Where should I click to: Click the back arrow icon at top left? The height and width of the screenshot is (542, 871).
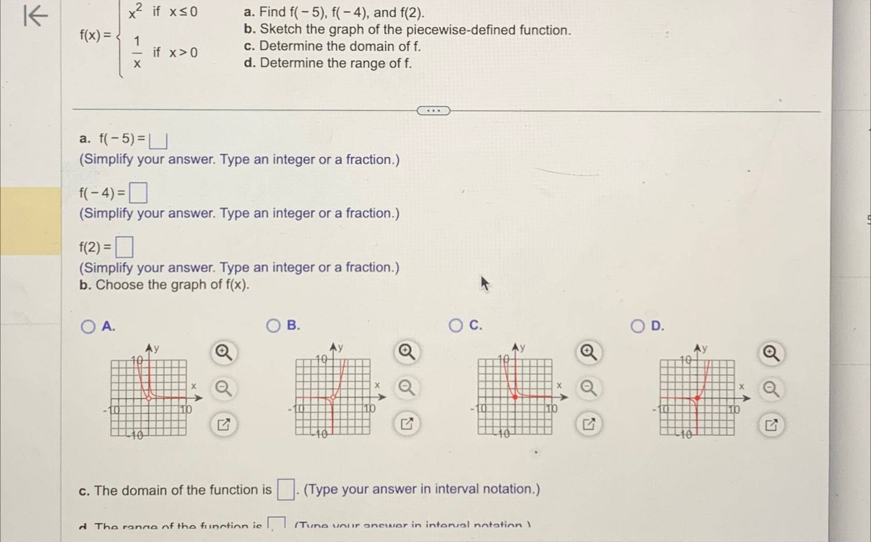point(35,16)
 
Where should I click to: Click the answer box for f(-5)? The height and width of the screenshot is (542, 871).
point(158,140)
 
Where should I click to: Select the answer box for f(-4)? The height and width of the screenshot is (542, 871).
point(138,193)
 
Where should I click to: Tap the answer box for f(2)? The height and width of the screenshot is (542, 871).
point(124,247)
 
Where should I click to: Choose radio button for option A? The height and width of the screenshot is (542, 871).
point(88,326)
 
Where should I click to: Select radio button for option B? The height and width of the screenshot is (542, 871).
point(273,326)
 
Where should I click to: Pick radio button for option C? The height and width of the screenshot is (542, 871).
point(456,325)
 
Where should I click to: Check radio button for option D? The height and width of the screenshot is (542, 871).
point(637,326)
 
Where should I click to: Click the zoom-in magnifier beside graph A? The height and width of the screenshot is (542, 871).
point(224,353)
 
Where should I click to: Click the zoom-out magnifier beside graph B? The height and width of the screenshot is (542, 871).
point(407,388)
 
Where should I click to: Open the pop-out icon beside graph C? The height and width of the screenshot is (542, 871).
point(589,424)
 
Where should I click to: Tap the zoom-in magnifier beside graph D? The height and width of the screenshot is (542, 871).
point(771,353)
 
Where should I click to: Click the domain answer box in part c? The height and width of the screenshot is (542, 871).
point(285,489)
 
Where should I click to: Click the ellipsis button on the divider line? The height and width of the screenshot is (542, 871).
point(433,110)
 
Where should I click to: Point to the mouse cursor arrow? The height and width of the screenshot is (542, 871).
point(484,283)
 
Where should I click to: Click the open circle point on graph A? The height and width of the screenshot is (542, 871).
point(149,398)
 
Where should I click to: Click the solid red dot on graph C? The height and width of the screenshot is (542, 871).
point(515,397)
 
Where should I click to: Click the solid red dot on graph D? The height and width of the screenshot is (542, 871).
point(698,398)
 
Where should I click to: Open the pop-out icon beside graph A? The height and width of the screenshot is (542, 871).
point(224,425)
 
